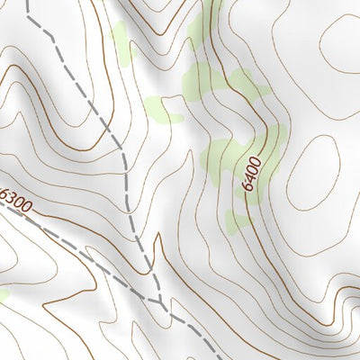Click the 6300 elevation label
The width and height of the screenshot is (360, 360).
(x=17, y=201)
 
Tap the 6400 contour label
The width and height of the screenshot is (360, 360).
(x=252, y=175)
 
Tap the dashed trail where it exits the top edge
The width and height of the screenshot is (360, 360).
(x=27, y=2)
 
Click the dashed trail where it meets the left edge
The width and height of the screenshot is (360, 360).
(x=2, y=199)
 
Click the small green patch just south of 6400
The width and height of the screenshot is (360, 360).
(x=239, y=220)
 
